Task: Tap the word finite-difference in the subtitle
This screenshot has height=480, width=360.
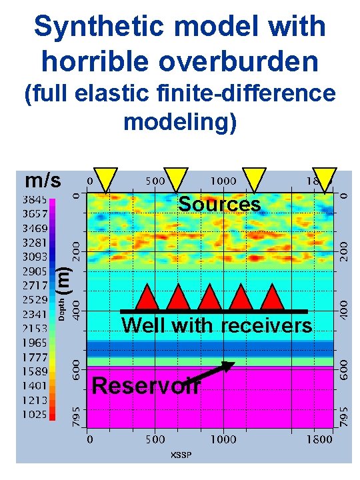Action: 237,94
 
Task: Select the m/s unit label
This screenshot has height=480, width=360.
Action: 43,181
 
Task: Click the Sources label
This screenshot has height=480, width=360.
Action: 219,204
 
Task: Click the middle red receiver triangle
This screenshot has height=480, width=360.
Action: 210,298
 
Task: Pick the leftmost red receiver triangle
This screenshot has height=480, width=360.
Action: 147,298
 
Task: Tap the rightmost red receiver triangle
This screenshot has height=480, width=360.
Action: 272,298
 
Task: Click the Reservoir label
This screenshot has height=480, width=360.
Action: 146,385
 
